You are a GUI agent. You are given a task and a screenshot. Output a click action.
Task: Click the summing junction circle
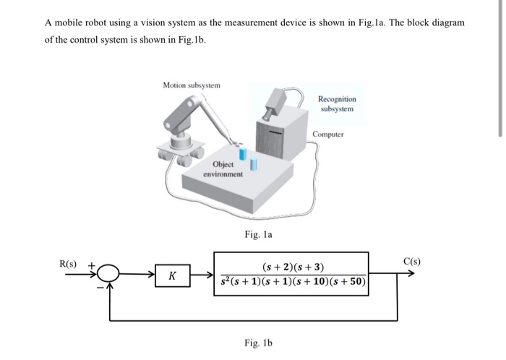click(x=109, y=275)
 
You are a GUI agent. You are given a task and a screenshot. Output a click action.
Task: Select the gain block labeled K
click(x=171, y=276)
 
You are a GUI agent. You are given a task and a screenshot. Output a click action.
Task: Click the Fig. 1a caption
click(x=259, y=233)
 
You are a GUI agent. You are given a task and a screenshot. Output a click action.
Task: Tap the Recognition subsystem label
click(x=336, y=103)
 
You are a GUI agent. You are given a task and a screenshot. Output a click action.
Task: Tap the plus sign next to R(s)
click(x=92, y=265)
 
